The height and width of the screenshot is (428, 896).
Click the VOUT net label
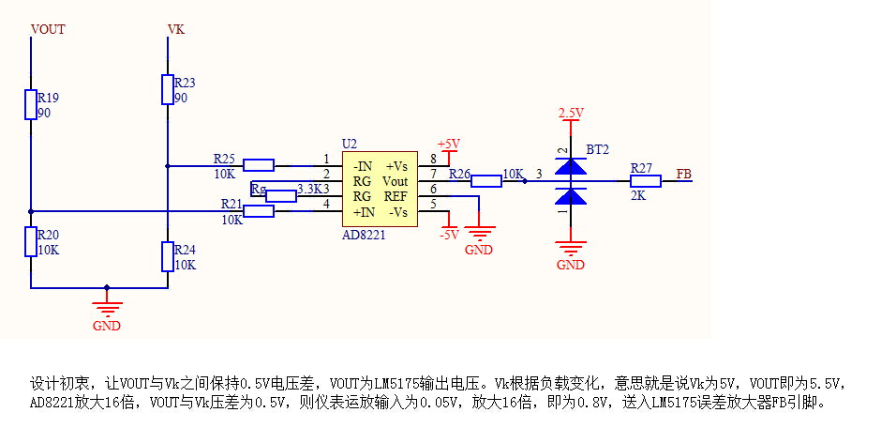[x=48, y=29]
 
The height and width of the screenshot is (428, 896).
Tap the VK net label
[x=176, y=29]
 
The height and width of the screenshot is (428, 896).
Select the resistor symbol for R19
[x=31, y=104]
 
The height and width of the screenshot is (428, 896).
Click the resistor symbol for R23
[x=168, y=89]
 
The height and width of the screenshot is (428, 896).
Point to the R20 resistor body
[x=31, y=241]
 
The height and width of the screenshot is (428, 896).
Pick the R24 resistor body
[x=168, y=256]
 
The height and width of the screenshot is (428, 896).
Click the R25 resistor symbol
[x=259, y=165]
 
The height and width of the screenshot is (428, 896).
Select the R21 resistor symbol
[x=259, y=211]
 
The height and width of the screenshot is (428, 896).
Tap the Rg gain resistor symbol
[x=281, y=196]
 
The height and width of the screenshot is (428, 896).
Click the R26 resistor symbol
[x=486, y=181]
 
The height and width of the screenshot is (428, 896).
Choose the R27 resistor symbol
[x=646, y=181]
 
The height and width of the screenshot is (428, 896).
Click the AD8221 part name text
[x=364, y=235]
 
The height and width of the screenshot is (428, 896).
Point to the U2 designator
[x=349, y=143]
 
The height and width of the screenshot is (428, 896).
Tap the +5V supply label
[x=449, y=144]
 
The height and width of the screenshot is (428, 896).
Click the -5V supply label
[x=449, y=235]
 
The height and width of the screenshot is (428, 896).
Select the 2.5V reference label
[x=571, y=113]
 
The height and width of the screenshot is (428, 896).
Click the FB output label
[x=684, y=174]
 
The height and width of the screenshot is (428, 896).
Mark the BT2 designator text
[x=598, y=150]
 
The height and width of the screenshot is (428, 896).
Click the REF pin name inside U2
[x=396, y=197]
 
